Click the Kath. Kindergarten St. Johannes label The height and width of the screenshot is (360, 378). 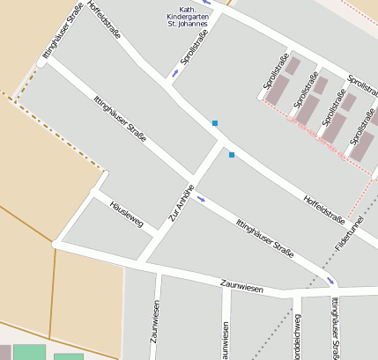click(x=187, y=17)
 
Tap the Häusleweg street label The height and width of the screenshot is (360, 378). click(x=126, y=212)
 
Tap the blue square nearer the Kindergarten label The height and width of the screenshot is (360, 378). click(x=214, y=123)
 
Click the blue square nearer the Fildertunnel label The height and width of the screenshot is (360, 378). click(x=232, y=155)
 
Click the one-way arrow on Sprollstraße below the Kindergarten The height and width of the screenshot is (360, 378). click(x=175, y=73)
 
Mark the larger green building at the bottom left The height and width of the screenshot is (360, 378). click(x=29, y=352)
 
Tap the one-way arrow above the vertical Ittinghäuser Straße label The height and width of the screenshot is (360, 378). click(x=331, y=282)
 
